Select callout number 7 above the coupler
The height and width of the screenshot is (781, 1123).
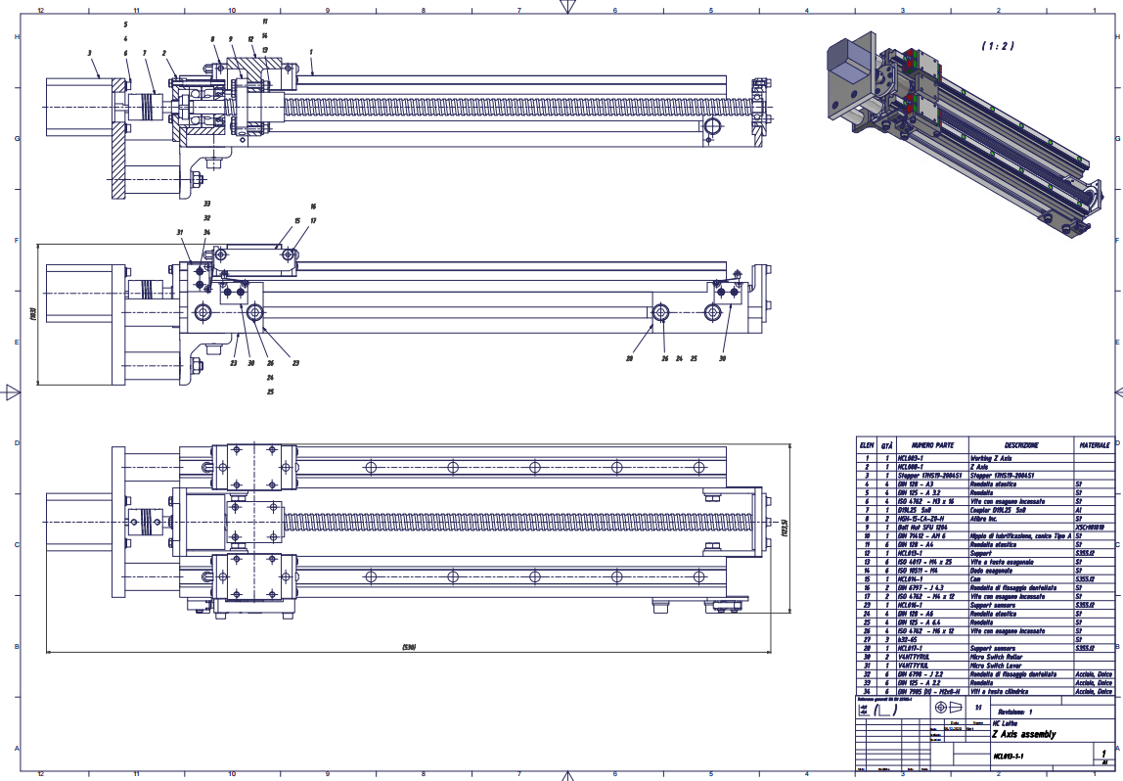point(144,53)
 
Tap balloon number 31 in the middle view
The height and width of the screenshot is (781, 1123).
point(180,232)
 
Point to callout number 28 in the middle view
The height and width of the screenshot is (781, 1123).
point(629,358)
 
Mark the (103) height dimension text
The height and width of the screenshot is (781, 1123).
point(32,314)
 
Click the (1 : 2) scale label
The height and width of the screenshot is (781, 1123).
point(998,46)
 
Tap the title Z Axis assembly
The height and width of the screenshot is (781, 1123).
point(1023,733)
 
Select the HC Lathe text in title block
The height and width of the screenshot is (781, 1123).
point(1006,723)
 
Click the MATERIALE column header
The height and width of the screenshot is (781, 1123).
point(1095,444)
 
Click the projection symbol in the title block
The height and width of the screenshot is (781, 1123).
point(948,707)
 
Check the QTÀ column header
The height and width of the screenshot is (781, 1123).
point(886,444)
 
